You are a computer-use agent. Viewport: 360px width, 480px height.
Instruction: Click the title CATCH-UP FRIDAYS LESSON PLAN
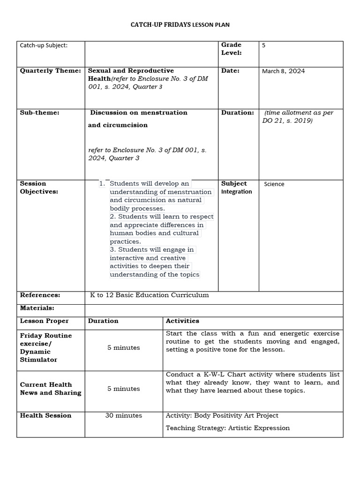coord(180,24)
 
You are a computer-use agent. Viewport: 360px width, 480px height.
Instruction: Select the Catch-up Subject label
coord(44,45)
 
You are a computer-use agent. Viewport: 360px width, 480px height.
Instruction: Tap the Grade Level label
coord(231,49)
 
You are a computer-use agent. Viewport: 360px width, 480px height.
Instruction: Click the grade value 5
coord(264,45)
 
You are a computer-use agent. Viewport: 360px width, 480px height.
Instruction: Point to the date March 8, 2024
coord(283,71)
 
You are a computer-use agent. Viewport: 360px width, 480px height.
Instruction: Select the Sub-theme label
coord(40,112)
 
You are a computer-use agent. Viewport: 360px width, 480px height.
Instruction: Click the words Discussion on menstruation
coord(139,112)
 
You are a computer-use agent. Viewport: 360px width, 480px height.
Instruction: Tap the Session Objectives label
coord(39,187)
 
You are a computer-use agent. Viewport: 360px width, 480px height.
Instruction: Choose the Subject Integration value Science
coord(274,184)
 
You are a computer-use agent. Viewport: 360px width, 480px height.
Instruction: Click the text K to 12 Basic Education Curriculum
coord(149,295)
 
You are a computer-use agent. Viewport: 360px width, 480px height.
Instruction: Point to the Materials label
coord(37,308)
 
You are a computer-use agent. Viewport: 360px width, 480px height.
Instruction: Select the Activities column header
coord(182,321)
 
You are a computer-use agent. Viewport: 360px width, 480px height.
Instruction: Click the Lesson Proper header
coord(45,321)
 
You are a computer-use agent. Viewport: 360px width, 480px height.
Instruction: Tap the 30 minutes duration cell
coord(124,416)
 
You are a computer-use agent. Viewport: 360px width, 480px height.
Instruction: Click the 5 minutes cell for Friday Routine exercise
coord(124,348)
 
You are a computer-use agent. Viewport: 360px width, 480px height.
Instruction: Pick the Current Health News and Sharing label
coord(50,389)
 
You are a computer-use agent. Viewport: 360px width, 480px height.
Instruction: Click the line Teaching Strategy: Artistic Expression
coord(228,428)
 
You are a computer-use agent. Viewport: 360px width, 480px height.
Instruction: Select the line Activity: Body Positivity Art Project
coord(222,416)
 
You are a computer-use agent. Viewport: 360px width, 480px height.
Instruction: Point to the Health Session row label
coord(46,416)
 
